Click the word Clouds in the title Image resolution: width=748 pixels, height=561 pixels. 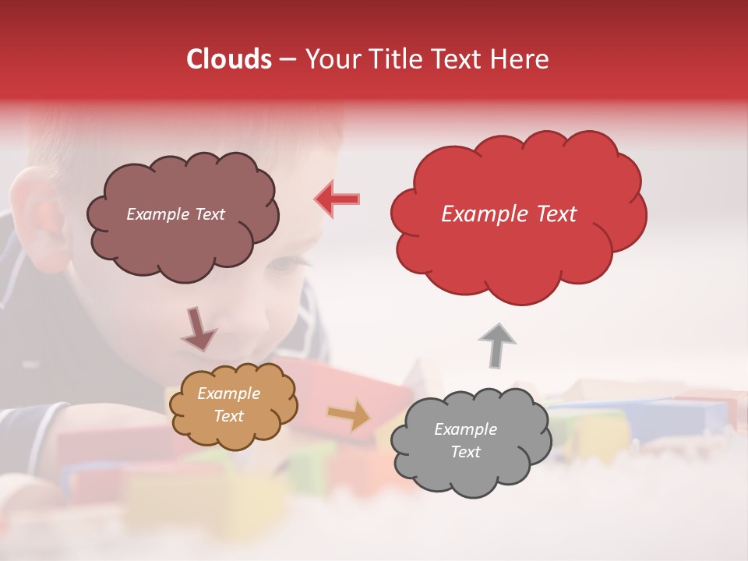click(x=229, y=59)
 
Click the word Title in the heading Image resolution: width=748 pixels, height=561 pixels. click(x=393, y=59)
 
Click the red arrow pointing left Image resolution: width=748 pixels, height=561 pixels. click(x=337, y=199)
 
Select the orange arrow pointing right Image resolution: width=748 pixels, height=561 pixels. click(x=350, y=415)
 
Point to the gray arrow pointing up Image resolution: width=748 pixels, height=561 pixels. click(x=496, y=344)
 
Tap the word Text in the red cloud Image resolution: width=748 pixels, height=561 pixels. click(x=556, y=214)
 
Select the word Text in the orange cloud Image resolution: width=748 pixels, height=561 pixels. click(x=228, y=416)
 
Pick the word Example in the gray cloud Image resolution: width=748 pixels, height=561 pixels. click(x=465, y=429)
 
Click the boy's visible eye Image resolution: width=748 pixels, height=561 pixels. click(x=282, y=263)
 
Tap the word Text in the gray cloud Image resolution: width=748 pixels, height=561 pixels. click(x=465, y=452)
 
